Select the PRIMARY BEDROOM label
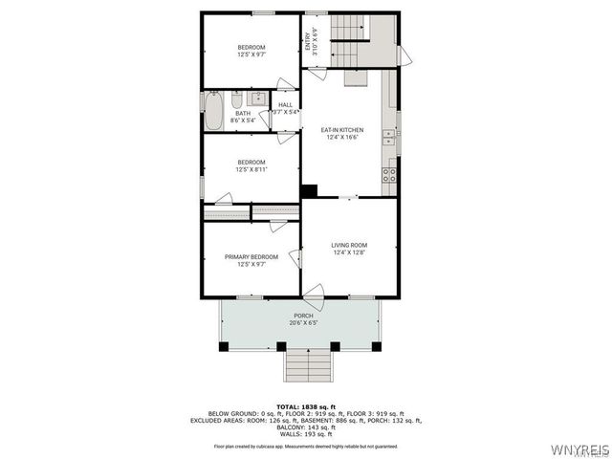pos(251,256)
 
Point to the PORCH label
pos(303,316)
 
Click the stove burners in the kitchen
pos(390,174)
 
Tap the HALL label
pos(285,105)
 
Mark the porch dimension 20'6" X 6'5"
pos(303,323)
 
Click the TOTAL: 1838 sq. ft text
pos(305,406)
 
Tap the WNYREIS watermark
pos(579,448)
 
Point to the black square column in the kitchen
pos(309,190)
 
